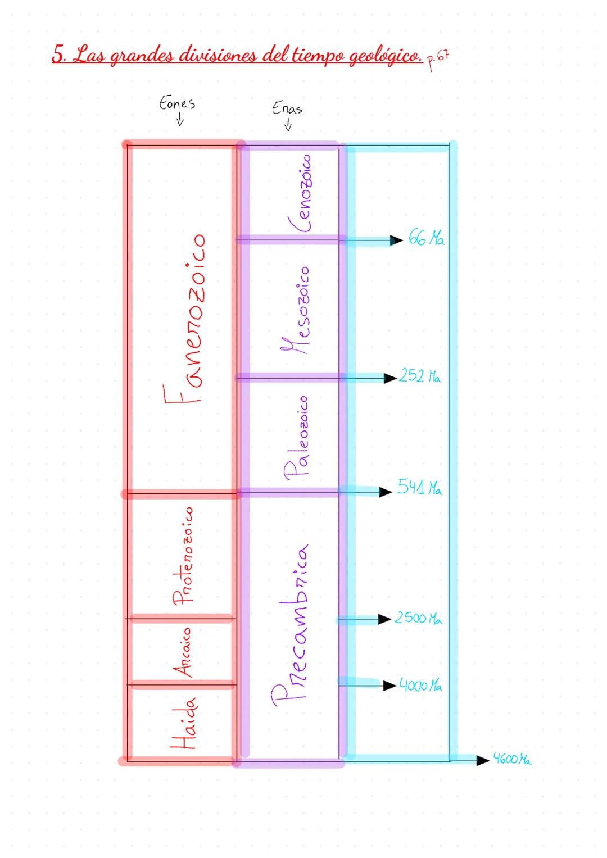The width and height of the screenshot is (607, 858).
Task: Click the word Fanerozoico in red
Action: click(184, 319)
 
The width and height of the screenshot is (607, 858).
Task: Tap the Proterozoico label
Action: click(183, 556)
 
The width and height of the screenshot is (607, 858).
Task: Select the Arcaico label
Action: click(183, 652)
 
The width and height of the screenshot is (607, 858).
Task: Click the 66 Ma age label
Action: click(426, 239)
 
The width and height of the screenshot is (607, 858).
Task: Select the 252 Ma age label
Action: click(420, 376)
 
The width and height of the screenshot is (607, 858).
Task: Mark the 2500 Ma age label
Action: click(418, 618)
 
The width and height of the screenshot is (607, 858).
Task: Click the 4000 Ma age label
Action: click(420, 686)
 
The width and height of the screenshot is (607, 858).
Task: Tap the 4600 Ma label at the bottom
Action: click(511, 759)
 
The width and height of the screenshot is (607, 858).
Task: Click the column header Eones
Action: click(177, 103)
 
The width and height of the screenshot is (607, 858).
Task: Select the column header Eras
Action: click(287, 108)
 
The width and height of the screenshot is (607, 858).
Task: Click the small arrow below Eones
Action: click(180, 121)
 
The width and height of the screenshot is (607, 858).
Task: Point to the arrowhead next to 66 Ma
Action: click(397, 240)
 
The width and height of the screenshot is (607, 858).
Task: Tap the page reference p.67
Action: click(438, 60)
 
